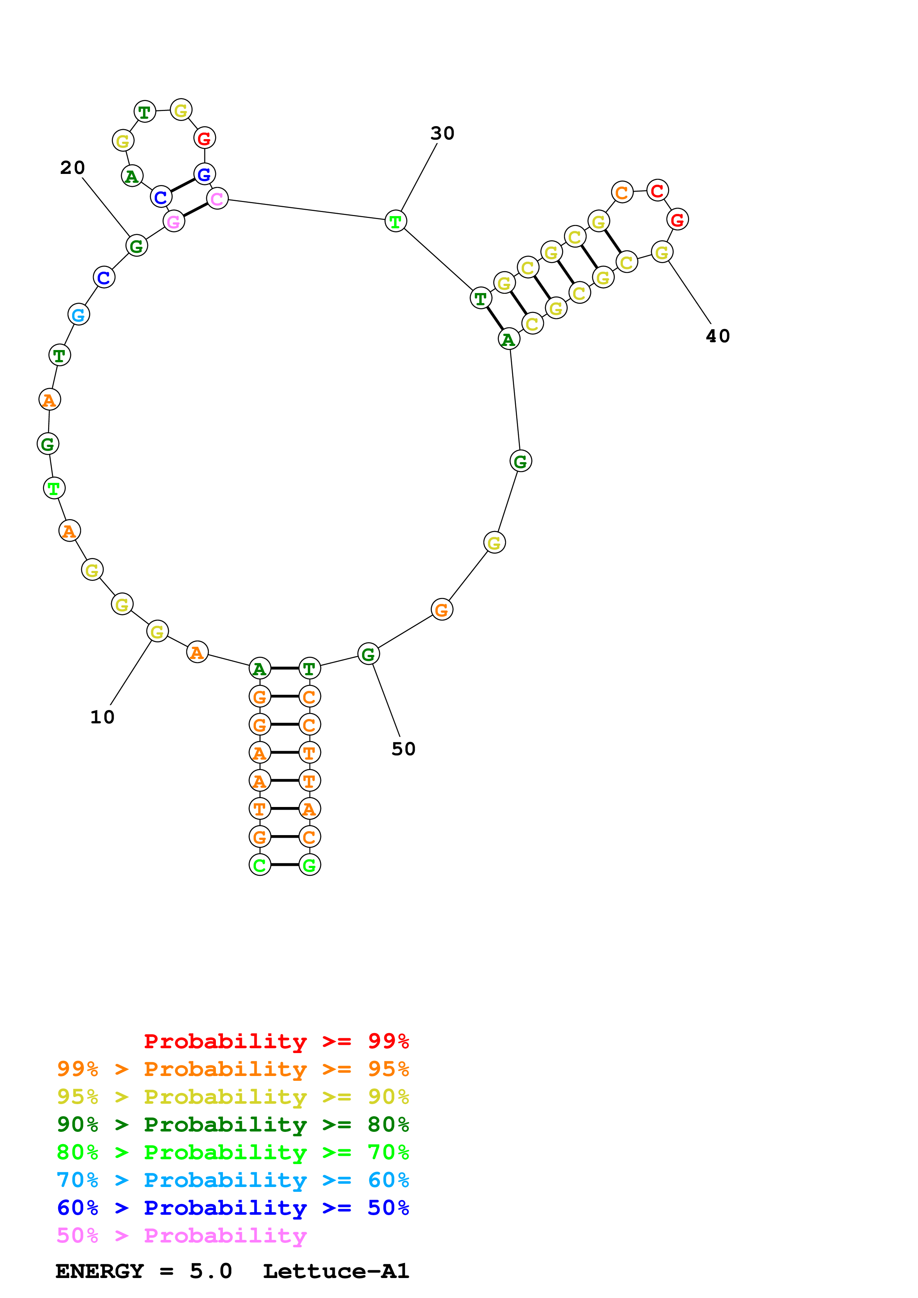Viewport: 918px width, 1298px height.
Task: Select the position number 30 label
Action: (x=442, y=134)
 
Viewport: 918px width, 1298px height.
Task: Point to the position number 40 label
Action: (x=718, y=336)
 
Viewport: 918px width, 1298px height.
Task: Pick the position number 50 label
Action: (x=403, y=749)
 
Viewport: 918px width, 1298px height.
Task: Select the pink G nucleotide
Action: (x=174, y=222)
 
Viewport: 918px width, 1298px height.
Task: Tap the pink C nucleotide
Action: (x=217, y=198)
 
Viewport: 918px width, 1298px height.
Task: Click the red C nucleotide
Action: (x=657, y=191)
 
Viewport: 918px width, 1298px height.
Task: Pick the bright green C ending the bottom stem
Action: (x=260, y=865)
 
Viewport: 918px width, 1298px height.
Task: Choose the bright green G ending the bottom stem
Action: (x=309, y=865)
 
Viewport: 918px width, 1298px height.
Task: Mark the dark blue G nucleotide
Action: (x=204, y=174)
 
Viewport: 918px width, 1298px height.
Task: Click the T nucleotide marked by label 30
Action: (x=395, y=221)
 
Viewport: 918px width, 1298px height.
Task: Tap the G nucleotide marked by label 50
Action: (x=368, y=654)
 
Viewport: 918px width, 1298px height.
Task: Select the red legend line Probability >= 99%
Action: (x=276, y=1041)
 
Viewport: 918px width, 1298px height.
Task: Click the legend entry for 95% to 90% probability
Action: (x=233, y=1097)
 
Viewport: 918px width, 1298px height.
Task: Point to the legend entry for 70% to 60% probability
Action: (x=233, y=1180)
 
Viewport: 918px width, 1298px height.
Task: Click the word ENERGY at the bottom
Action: (x=100, y=1271)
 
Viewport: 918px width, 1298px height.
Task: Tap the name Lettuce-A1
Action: (x=336, y=1271)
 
